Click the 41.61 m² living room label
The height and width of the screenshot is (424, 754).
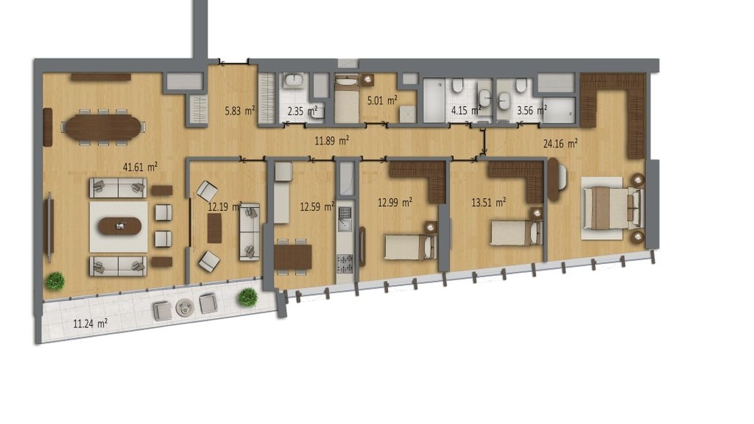pos(140,167)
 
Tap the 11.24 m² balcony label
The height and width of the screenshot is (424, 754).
pos(90,324)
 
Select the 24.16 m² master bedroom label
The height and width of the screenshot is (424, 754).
pos(560,144)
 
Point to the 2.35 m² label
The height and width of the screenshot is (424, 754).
pos(303,111)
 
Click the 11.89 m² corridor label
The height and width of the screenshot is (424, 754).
pos(332,141)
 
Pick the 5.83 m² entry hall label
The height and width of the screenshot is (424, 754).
pos(240,111)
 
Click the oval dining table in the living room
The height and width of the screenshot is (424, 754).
pos(103,128)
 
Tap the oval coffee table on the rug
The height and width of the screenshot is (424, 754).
pos(120,226)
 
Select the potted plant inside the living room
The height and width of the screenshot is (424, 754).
pos(55,281)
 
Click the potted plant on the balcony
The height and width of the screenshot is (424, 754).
pos(247,297)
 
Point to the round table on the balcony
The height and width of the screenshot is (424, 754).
pos(185,307)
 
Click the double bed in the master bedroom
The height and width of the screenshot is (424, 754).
pos(614,208)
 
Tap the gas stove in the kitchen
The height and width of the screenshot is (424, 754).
pos(345,264)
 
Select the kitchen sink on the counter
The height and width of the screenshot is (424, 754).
pos(345,219)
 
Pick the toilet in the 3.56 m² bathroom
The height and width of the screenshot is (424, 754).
pos(521,85)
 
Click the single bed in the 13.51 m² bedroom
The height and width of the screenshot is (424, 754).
pos(515,233)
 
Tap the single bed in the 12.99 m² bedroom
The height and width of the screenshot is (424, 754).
pos(411,247)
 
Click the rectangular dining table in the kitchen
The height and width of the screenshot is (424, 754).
pos(293,257)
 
